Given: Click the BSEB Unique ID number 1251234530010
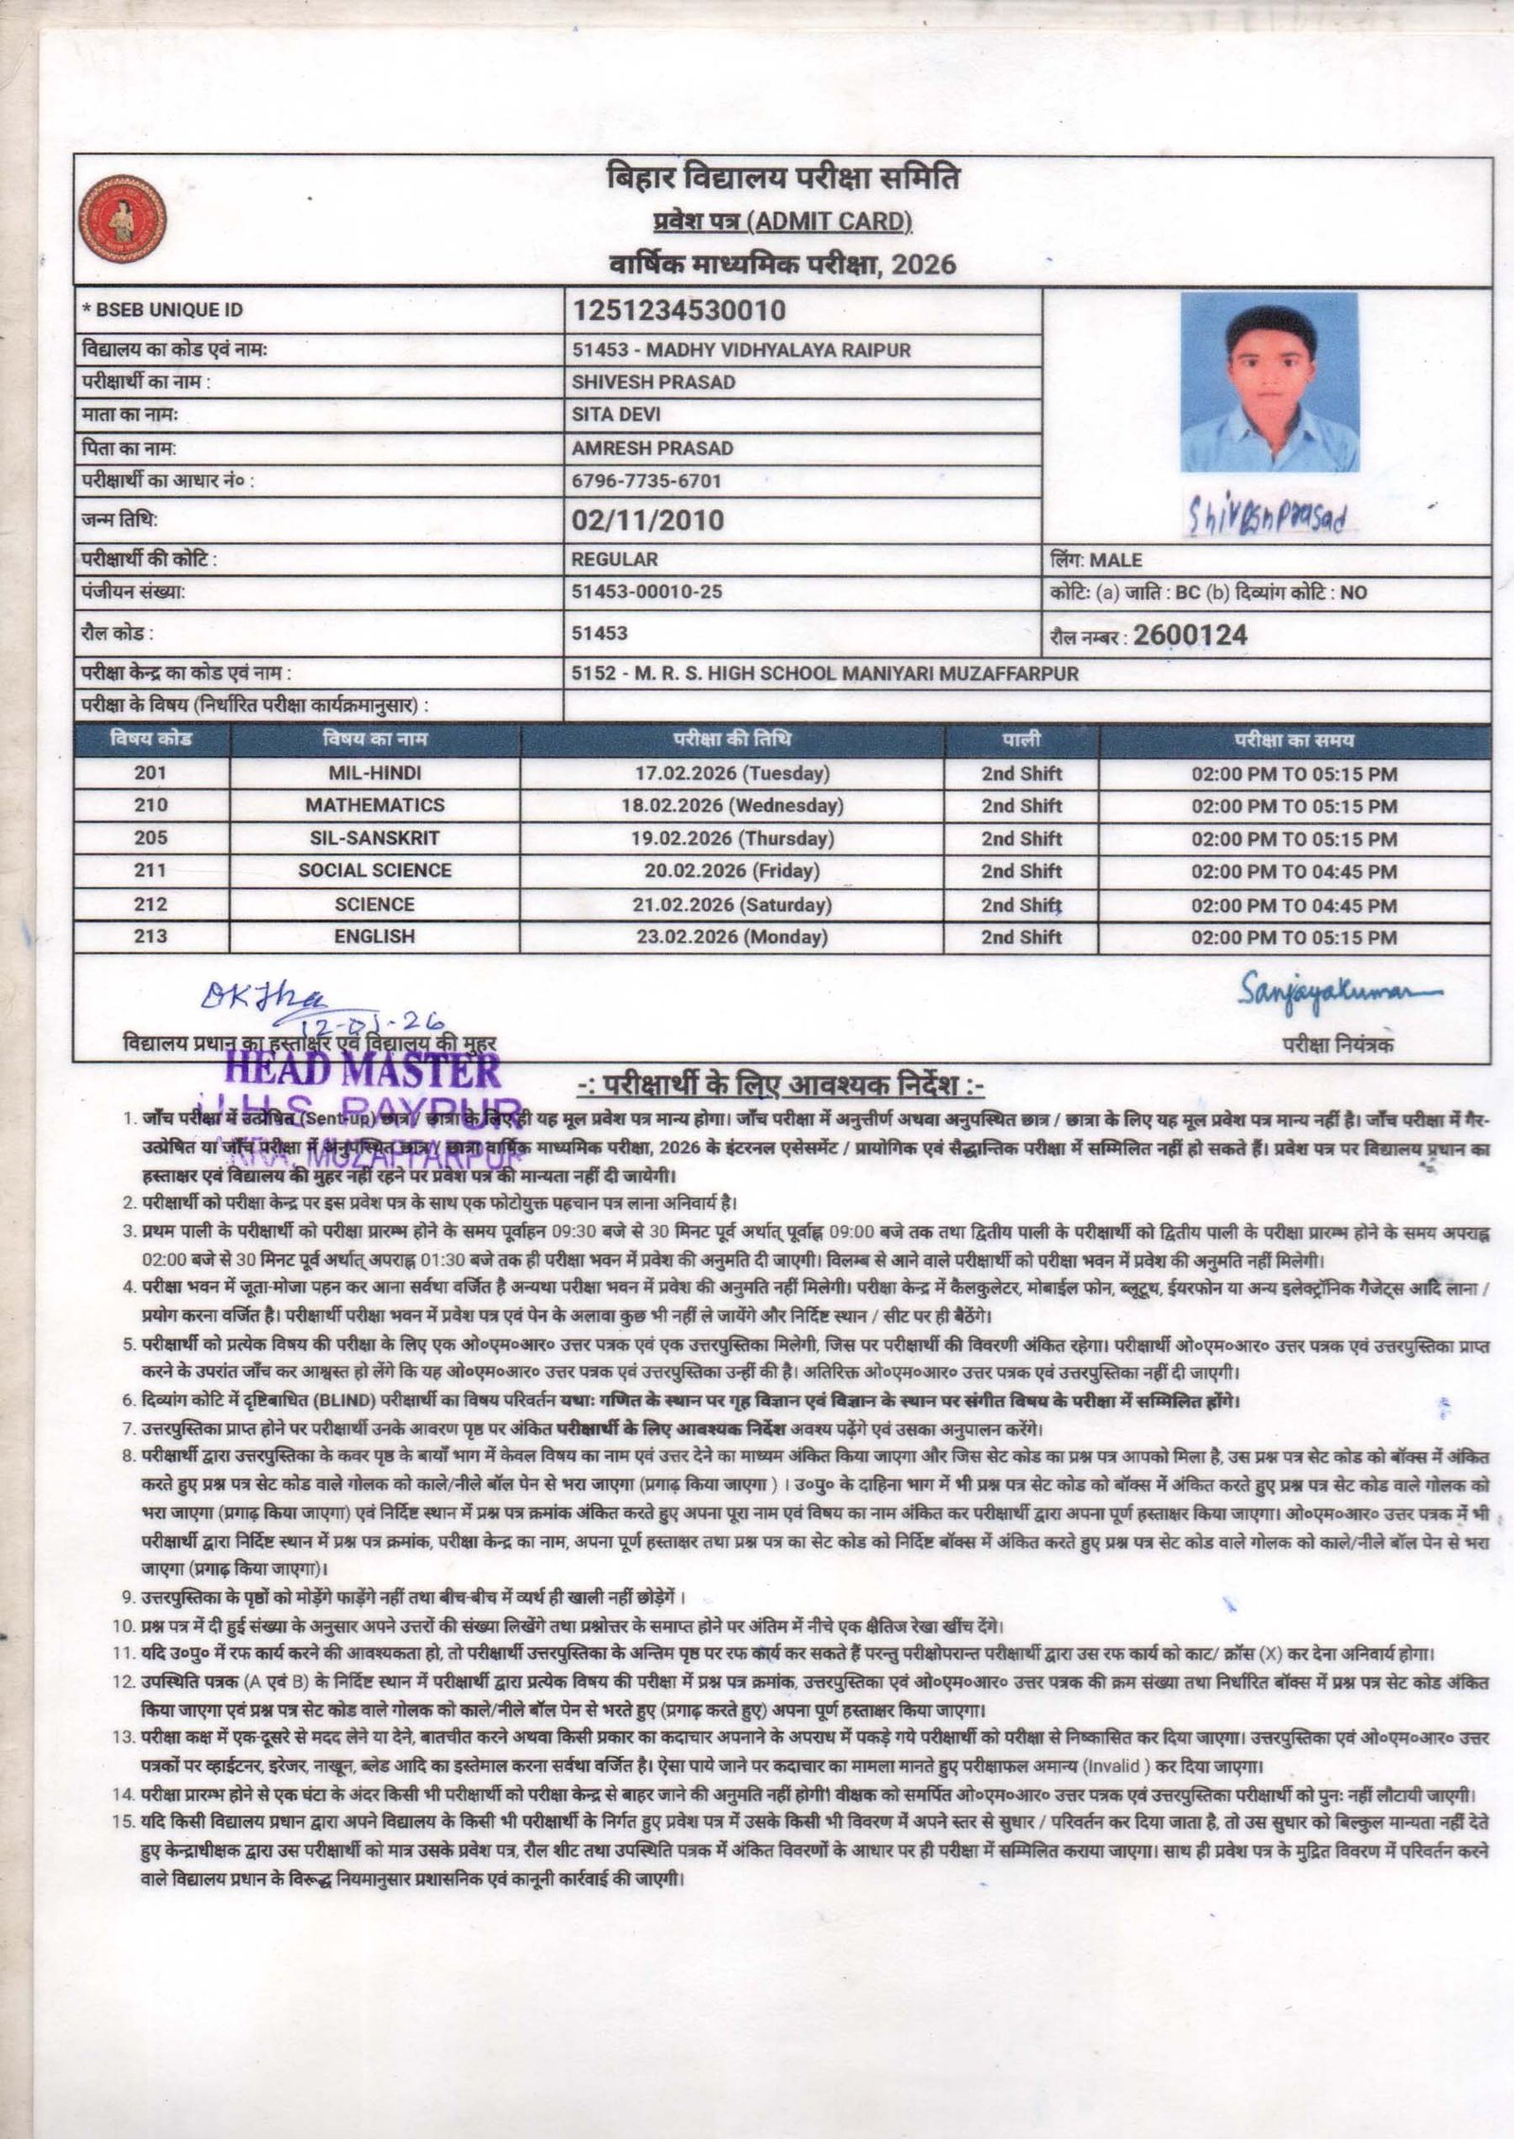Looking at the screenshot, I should pyautogui.click(x=678, y=310).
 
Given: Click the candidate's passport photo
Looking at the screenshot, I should pyautogui.click(x=1269, y=382).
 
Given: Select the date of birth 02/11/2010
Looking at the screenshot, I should pyautogui.click(x=647, y=520).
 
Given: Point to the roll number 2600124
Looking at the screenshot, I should pyautogui.click(x=1189, y=635).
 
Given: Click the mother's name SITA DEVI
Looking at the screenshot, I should pyautogui.click(x=616, y=414).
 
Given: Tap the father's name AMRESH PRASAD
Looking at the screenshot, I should pyautogui.click(x=652, y=448).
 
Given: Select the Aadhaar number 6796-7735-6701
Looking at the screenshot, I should pyautogui.click(x=646, y=481).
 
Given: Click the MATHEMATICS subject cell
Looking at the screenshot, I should pyautogui.click(x=375, y=805).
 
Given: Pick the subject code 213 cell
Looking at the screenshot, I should pyautogui.click(x=151, y=936).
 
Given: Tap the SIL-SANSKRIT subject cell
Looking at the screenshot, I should pyautogui.click(x=375, y=838).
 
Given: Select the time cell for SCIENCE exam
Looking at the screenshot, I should pyautogui.click(x=1294, y=904).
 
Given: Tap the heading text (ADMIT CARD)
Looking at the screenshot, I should pyautogui.click(x=830, y=221).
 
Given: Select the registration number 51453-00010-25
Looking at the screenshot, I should pyautogui.click(x=646, y=592).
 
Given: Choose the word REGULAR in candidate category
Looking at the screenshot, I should pyautogui.click(x=614, y=559).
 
